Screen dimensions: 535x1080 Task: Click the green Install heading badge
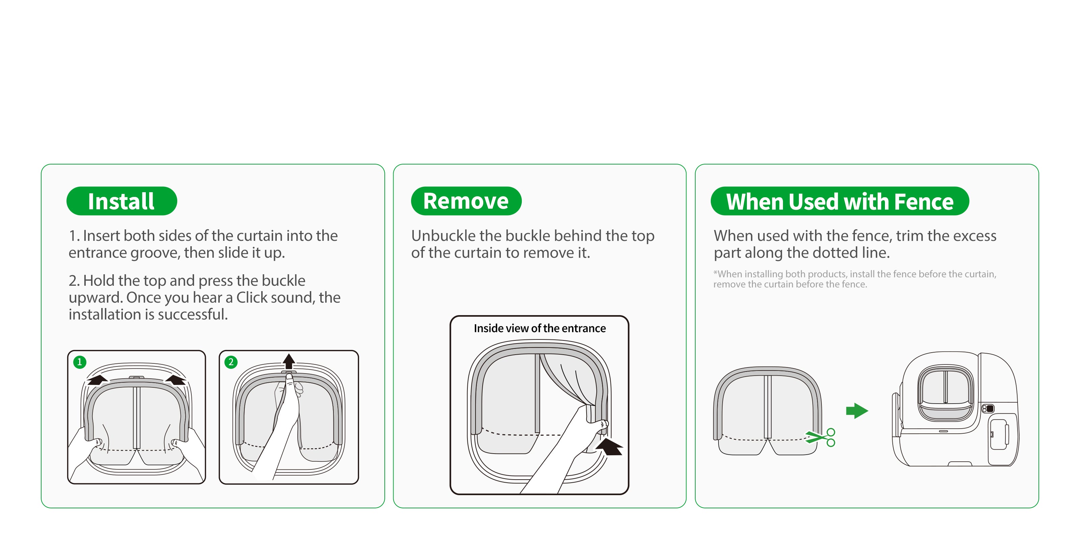[122, 201]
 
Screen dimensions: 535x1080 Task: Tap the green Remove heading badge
[466, 201]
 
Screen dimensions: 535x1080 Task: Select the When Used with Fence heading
[839, 201]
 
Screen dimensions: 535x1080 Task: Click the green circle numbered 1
[80, 362]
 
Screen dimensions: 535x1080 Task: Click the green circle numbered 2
[231, 362]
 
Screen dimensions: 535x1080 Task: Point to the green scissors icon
[821, 438]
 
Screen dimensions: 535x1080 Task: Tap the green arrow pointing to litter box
[857, 410]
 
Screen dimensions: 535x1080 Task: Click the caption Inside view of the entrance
[540, 328]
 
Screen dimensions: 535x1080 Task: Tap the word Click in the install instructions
[250, 298]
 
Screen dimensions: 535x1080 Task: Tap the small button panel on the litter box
[988, 408]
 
